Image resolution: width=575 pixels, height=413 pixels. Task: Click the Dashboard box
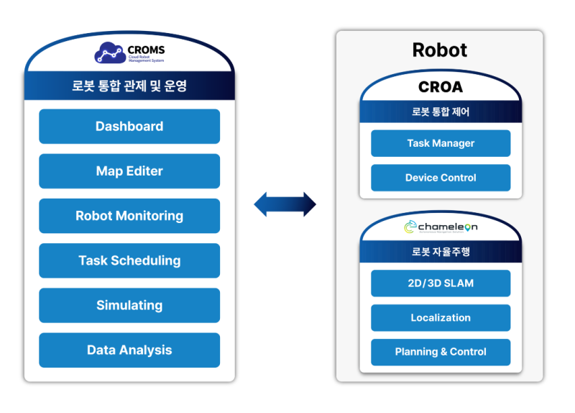(x=129, y=127)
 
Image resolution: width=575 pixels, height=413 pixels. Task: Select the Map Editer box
(x=129, y=171)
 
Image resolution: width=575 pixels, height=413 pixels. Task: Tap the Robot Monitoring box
(x=129, y=216)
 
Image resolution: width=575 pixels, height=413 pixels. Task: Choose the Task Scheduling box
(x=129, y=260)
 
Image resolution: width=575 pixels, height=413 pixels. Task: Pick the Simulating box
(x=129, y=305)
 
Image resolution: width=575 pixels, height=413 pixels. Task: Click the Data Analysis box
(x=129, y=350)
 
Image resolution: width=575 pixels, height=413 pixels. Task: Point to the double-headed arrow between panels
(x=285, y=204)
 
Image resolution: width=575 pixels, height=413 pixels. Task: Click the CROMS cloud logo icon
(x=110, y=53)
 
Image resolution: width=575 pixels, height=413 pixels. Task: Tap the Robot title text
(x=439, y=50)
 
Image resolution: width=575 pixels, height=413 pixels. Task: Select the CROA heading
(x=441, y=88)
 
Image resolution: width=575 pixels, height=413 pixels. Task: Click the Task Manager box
(x=441, y=143)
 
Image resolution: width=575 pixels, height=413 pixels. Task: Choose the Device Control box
(x=441, y=178)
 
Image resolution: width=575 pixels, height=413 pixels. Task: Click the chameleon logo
(x=441, y=227)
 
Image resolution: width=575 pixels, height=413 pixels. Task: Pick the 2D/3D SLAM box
(x=441, y=283)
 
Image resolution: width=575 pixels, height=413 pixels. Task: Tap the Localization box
(x=441, y=318)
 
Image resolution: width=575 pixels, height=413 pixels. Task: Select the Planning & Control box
(x=441, y=352)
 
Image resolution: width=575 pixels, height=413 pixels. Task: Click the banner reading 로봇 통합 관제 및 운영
(x=129, y=86)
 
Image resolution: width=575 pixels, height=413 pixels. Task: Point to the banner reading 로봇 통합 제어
(x=441, y=112)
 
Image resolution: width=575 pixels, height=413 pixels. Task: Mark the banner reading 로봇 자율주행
(x=441, y=252)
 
